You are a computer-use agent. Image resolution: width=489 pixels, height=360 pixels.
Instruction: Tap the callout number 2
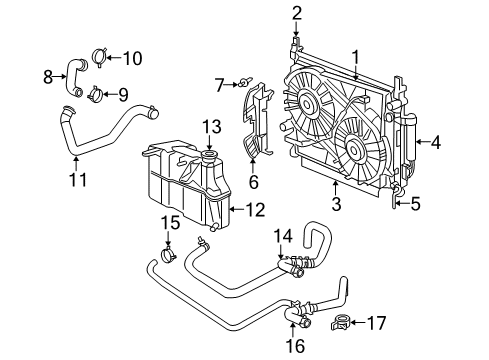coord(297,12)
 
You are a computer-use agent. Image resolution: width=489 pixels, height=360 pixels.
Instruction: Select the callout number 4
coord(435,142)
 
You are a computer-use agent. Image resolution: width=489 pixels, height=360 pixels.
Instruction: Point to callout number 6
coord(253,181)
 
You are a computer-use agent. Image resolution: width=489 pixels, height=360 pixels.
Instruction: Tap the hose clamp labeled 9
coord(97,96)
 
